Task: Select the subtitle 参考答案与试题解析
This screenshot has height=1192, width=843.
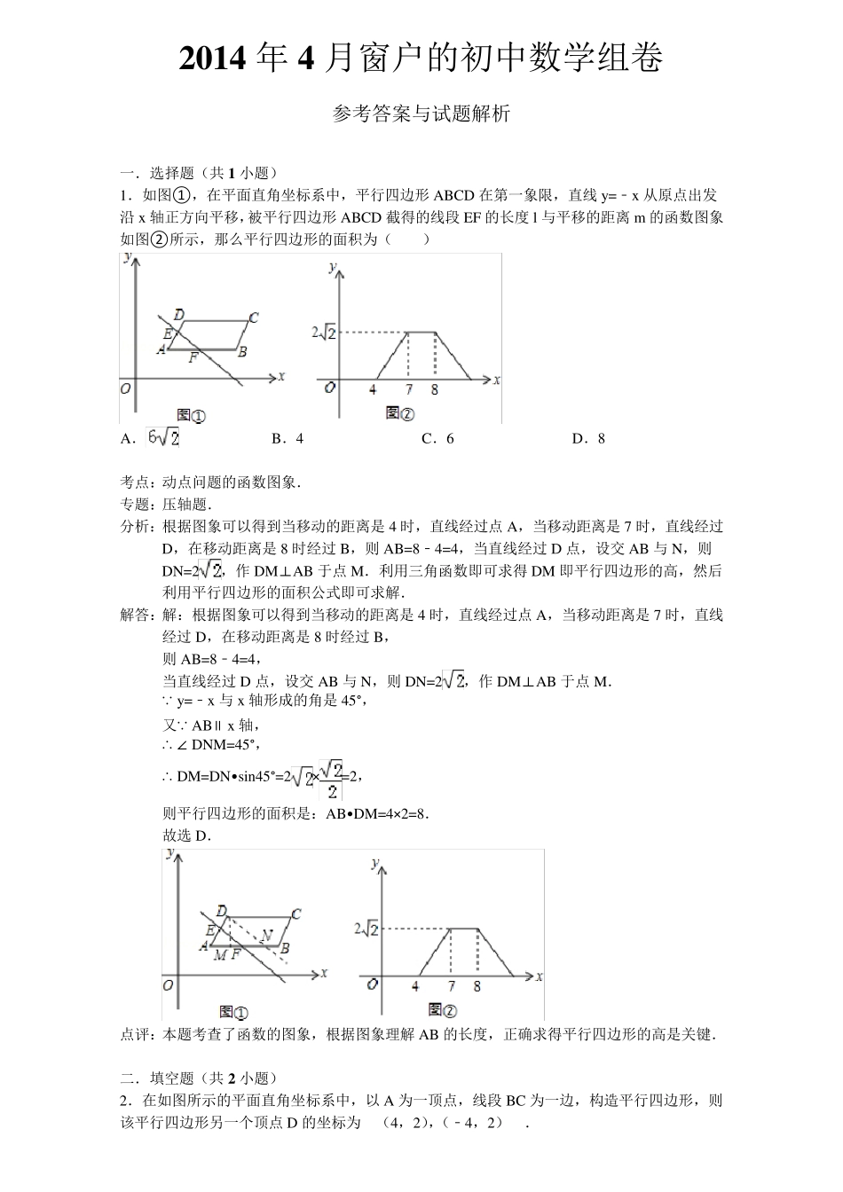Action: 421,114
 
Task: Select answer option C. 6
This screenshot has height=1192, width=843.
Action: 437,438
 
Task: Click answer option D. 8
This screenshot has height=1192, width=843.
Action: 588,438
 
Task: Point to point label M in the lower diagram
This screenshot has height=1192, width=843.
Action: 218,954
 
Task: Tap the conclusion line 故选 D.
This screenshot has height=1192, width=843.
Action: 186,835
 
